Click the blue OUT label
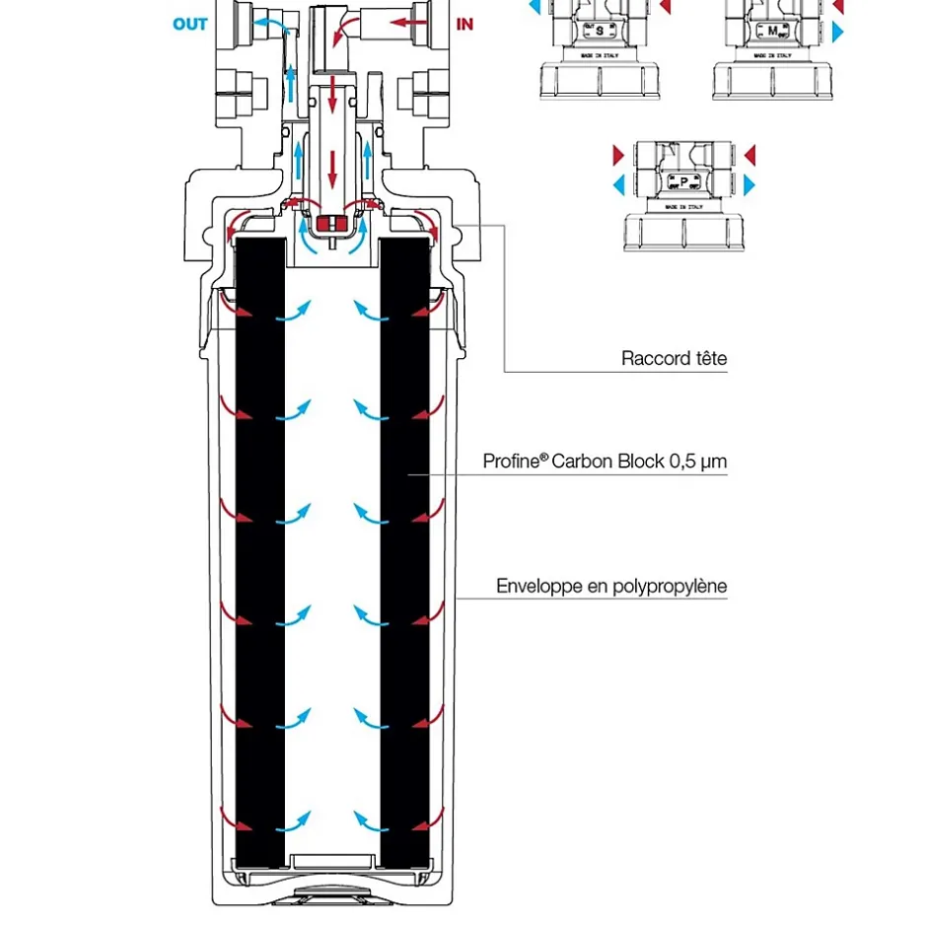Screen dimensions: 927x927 (x=190, y=24)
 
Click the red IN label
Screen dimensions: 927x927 (x=465, y=24)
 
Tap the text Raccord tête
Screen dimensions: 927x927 (x=674, y=358)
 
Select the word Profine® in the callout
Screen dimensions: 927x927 (x=514, y=461)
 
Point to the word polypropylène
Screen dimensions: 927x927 (x=670, y=587)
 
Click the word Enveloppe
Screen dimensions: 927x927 (x=540, y=587)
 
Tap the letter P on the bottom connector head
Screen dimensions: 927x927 (x=683, y=181)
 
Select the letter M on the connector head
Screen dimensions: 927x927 (x=771, y=31)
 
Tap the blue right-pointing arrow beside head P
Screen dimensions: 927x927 (x=749, y=183)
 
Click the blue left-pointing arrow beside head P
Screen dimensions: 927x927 (x=619, y=183)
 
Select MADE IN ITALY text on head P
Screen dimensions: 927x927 (x=683, y=207)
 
